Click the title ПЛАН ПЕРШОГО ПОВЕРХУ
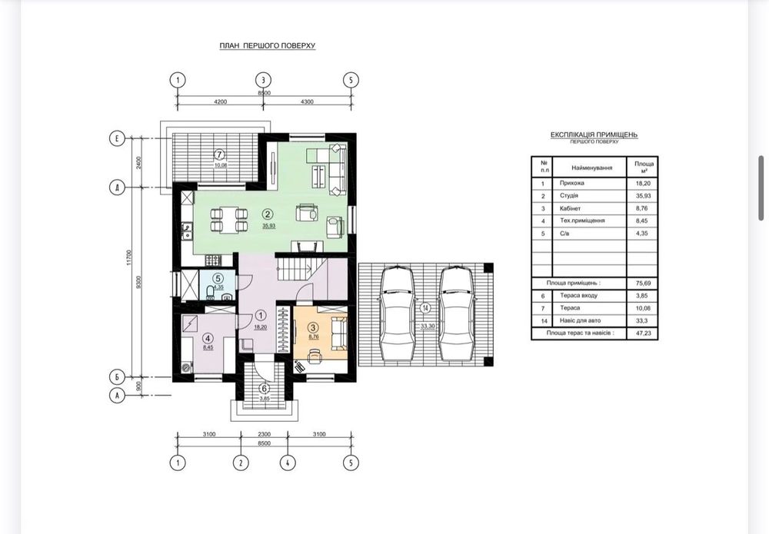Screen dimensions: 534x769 coord(268,46)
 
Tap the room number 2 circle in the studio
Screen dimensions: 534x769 coord(268,214)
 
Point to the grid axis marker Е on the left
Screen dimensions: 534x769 coord(116,139)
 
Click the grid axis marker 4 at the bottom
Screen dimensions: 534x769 coord(287,463)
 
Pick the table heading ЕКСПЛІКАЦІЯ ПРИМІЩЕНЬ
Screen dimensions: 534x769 coord(594,135)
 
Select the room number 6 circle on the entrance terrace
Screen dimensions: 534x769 coord(264,388)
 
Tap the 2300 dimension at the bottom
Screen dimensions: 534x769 coord(263,435)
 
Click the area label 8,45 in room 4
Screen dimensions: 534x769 coord(207,347)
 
